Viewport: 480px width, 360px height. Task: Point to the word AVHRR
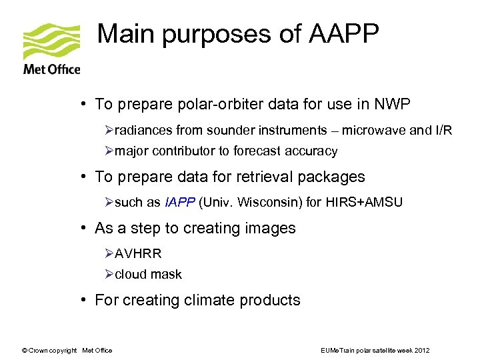click(x=138, y=254)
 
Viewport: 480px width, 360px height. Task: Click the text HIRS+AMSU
click(x=365, y=203)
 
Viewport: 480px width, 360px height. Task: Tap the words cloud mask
click(x=148, y=275)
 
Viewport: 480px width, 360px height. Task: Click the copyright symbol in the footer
click(x=25, y=351)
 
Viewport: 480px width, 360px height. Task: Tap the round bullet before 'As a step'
click(x=86, y=229)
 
